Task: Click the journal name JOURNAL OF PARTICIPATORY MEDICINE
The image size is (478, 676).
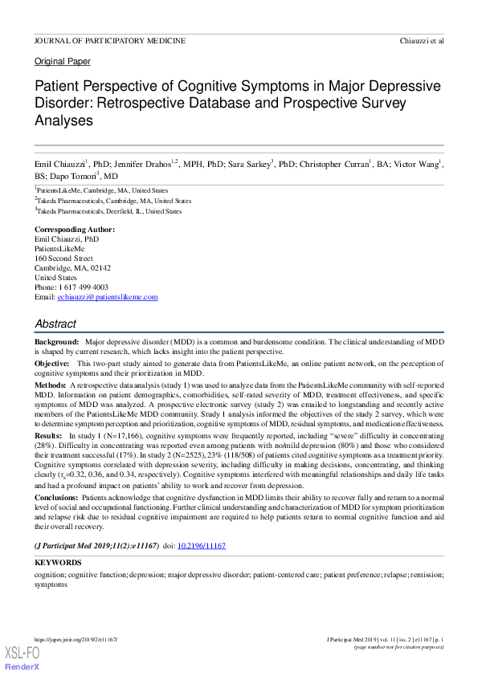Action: pyautogui.click(x=110, y=40)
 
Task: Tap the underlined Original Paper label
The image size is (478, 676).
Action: pyautogui.click(x=63, y=61)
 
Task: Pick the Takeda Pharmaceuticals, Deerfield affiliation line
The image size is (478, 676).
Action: pyautogui.click(x=108, y=211)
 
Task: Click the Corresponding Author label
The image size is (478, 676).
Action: pyautogui.click(x=75, y=230)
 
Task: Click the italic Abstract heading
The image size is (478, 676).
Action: pyautogui.click(x=55, y=324)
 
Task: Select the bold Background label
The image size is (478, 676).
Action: pyautogui.click(x=56, y=342)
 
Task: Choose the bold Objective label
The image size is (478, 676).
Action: pyautogui.click(x=52, y=364)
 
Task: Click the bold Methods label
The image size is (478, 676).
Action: pyautogui.click(x=50, y=386)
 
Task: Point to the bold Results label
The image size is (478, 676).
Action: pyautogui.click(x=49, y=434)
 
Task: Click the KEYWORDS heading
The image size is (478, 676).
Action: pyautogui.click(x=58, y=563)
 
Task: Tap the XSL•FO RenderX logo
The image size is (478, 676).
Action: pyautogui.click(x=22, y=658)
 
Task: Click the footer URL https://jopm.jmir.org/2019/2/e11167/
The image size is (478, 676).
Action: pyautogui.click(x=76, y=639)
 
